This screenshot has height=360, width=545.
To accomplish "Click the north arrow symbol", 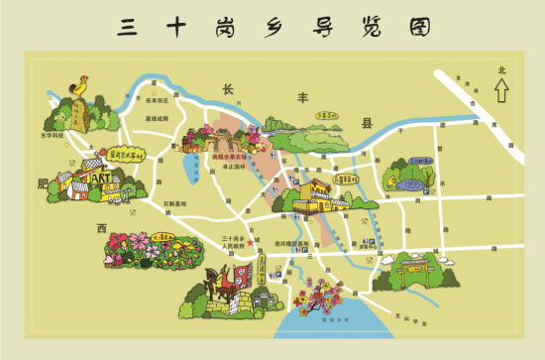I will tap(501, 90).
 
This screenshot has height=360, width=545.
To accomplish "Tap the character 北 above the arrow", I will tap(501, 70).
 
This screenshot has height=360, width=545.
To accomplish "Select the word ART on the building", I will tap(100, 178).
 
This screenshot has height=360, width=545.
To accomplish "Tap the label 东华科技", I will tap(52, 133).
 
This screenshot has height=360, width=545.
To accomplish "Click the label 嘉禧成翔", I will tap(157, 118).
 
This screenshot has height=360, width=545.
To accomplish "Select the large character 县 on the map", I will tap(367, 124).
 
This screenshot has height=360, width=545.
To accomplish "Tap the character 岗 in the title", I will tap(233, 27).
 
